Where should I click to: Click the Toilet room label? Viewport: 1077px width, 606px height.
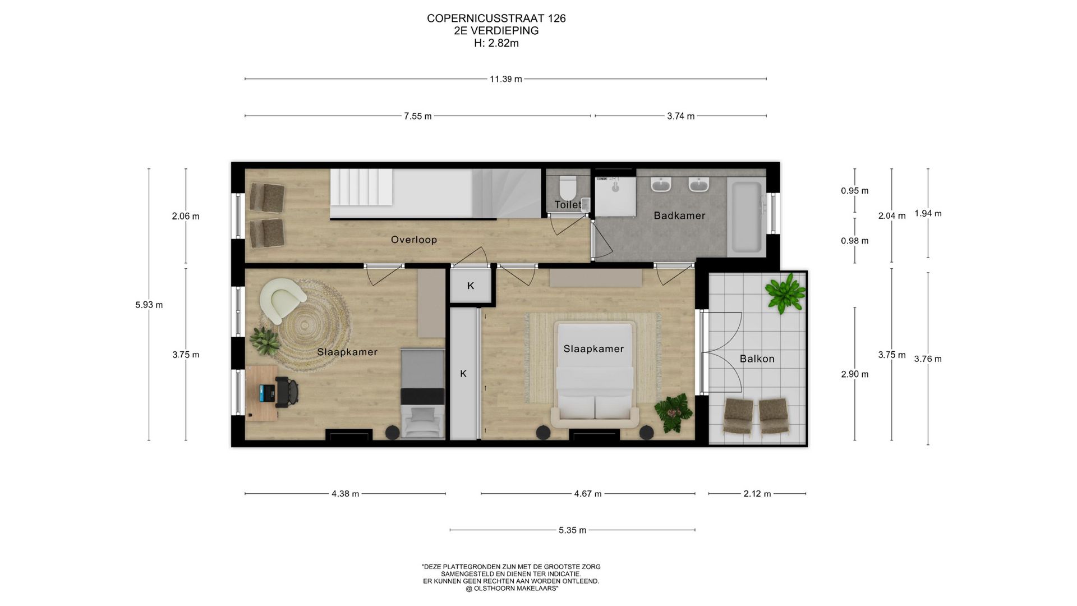(568, 205)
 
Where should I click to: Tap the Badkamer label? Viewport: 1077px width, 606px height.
(679, 215)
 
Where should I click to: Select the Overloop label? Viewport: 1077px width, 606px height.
(414, 240)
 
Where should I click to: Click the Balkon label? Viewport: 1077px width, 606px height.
(757, 359)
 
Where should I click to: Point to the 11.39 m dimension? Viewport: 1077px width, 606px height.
(506, 79)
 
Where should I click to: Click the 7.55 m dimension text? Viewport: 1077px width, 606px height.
(418, 116)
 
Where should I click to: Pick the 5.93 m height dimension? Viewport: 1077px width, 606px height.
(149, 305)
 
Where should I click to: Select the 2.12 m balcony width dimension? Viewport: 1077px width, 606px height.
(757, 494)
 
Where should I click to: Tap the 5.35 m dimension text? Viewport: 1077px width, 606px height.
(572, 530)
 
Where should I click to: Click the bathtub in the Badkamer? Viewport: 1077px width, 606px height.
(747, 217)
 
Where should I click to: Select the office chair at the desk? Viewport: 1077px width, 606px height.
(287, 392)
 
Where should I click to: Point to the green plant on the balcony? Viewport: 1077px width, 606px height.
(786, 292)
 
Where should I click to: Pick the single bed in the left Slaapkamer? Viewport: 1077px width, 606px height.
(422, 393)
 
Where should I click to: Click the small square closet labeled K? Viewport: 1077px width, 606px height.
(471, 286)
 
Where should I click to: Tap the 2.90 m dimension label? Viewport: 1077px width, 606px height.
(855, 374)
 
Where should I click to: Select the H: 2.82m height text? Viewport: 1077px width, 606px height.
(496, 43)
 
